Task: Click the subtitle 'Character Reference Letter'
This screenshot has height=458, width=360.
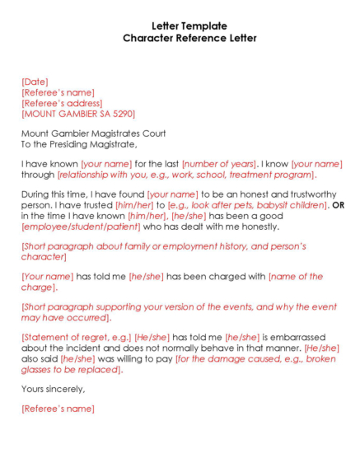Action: [x=189, y=38]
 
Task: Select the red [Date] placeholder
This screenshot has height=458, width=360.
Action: [x=35, y=82]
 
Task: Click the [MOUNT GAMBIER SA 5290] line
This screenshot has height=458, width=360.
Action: [x=78, y=114]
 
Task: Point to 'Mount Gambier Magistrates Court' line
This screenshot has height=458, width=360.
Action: [x=93, y=133]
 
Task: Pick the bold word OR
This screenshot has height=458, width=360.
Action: [x=338, y=204]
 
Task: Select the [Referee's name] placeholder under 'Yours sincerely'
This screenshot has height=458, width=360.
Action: [x=58, y=409]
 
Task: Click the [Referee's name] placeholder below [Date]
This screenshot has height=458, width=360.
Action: [x=58, y=92]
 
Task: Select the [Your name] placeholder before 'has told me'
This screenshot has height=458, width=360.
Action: [x=48, y=277]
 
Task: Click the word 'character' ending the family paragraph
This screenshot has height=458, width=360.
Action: [x=43, y=257]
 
